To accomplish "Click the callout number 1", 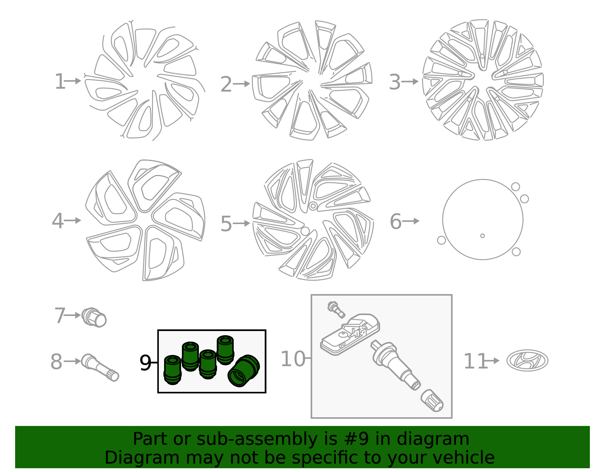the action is point(60,82).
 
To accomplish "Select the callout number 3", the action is point(394,82).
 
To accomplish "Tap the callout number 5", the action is point(226,224).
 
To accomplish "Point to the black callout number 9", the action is point(145,363).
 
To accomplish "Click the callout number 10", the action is point(293,359).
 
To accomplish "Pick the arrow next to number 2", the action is point(241,84).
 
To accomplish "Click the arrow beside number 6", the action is point(411,221).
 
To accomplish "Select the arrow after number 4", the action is point(72,221).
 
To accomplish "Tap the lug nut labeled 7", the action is point(94,317).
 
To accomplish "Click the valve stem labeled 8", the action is point(100,367).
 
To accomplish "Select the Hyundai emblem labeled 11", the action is point(527,361).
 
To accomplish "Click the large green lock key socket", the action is point(244,371).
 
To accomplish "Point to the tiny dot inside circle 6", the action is point(482,236).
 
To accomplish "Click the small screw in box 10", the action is point(336,310).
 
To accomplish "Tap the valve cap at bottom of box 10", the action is point(432,401).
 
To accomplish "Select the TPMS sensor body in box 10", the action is point(350,334).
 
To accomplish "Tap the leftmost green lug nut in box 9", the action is point(172,370).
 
